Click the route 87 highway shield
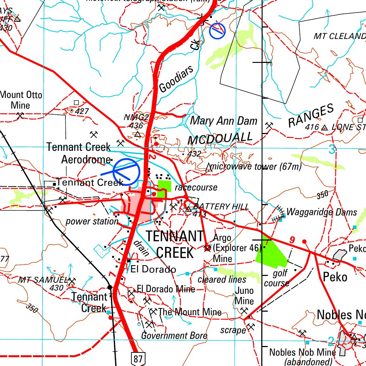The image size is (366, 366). click(x=138, y=358)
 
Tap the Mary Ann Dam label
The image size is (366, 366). click(x=223, y=121)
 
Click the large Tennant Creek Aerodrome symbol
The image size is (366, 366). click(x=126, y=172)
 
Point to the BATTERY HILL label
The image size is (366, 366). click(x=221, y=207)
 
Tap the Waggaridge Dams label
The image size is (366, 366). click(x=322, y=212)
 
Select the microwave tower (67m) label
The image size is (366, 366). click(x=256, y=167)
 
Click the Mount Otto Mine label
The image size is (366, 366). click(x=21, y=100)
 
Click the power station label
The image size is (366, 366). click(x=92, y=221)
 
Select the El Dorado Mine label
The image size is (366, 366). click(x=166, y=289)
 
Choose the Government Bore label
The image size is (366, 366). click(x=174, y=336)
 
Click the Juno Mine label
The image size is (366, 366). click(x=244, y=296)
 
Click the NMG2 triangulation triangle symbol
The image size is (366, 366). click(x=138, y=134)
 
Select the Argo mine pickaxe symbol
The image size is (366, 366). click(x=207, y=248)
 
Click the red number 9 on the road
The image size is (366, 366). click(x=292, y=240)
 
